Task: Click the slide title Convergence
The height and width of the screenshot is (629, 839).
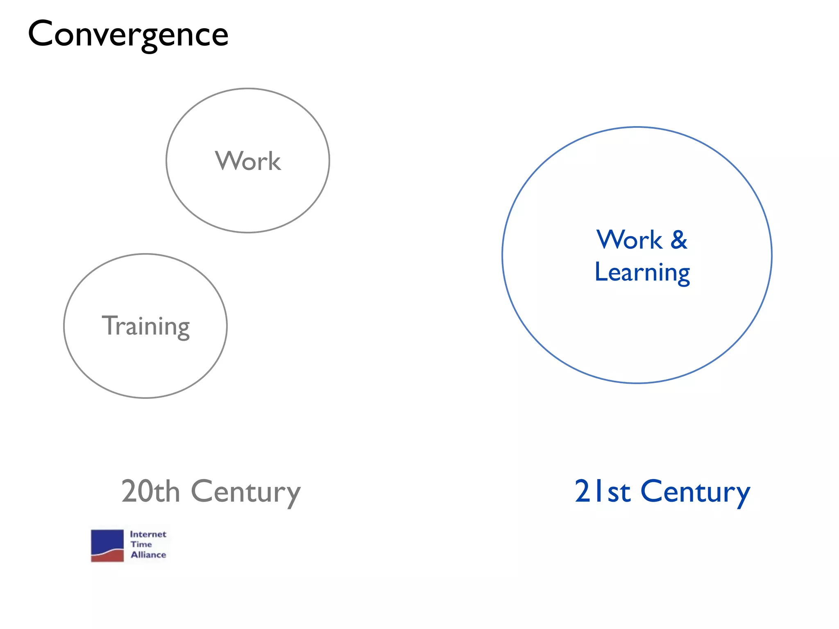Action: point(128,34)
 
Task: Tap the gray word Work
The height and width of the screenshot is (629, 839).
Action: point(248,161)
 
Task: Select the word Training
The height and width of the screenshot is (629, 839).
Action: point(145,326)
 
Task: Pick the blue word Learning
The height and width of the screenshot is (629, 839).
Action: point(642,272)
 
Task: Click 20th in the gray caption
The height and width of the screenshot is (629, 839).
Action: point(150,491)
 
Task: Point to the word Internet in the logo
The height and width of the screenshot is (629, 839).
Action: point(148,534)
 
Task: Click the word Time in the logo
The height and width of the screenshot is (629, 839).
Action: point(141,544)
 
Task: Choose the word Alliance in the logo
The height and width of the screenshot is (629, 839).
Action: point(148,554)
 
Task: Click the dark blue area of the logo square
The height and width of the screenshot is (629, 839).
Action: point(107,539)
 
